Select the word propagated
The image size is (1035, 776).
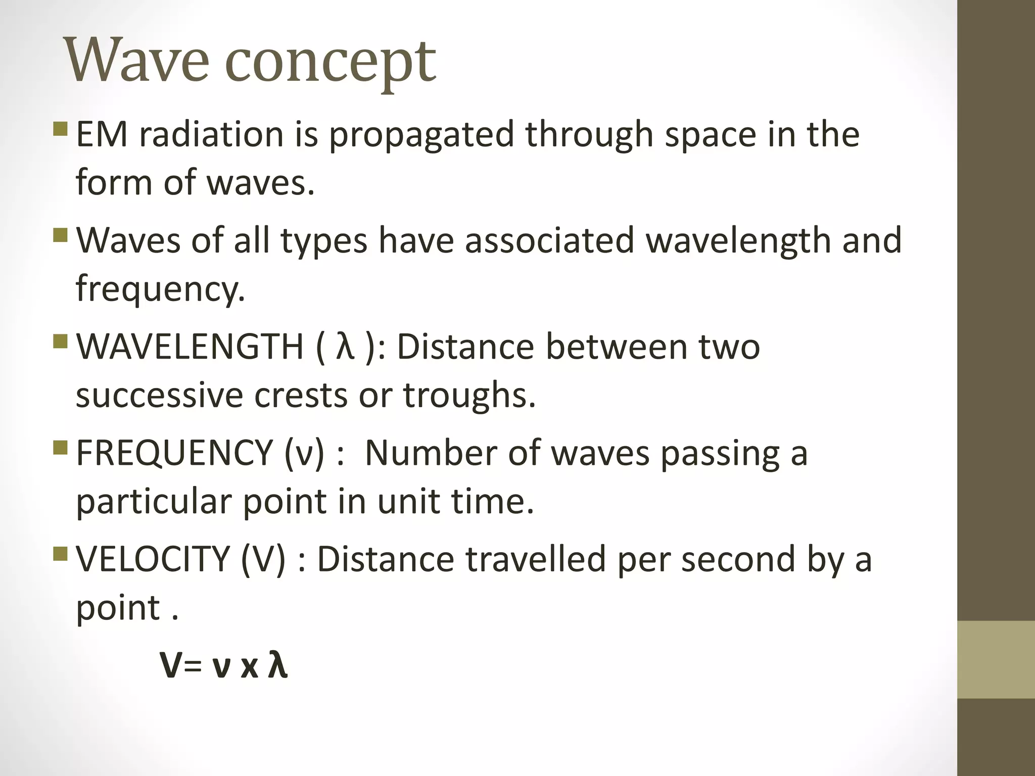421,136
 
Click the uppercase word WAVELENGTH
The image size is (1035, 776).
190,347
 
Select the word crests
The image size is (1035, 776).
301,396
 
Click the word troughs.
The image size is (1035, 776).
469,397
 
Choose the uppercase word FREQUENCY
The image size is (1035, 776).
174,453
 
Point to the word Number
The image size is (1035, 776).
430,453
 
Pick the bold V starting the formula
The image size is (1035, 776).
171,666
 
